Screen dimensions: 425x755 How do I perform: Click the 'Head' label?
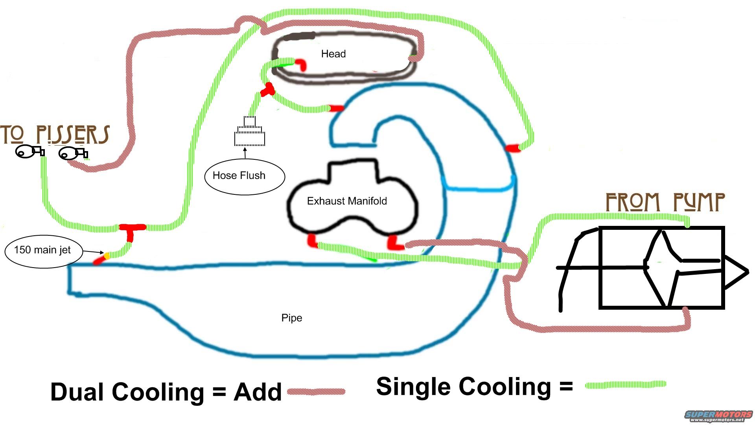click(333, 54)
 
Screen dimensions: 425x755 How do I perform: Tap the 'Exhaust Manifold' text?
click(347, 201)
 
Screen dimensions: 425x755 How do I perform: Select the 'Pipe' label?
click(291, 318)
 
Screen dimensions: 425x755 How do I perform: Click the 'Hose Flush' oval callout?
click(244, 177)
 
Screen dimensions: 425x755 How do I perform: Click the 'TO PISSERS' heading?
click(55, 135)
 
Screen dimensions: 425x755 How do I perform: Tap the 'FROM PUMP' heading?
click(665, 202)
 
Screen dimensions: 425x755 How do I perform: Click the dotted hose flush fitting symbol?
click(250, 132)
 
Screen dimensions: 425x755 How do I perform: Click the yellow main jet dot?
click(107, 256)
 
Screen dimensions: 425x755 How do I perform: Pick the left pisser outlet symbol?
click(29, 152)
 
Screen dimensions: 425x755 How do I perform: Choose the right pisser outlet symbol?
click(73, 153)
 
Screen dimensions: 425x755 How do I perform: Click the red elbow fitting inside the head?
click(301, 64)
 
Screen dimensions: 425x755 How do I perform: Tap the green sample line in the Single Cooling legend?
click(625, 384)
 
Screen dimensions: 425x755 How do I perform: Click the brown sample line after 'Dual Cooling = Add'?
click(316, 392)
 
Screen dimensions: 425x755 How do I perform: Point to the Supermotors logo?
click(718, 416)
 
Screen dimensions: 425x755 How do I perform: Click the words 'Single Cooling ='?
click(474, 387)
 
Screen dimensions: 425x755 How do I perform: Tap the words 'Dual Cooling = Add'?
click(166, 392)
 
